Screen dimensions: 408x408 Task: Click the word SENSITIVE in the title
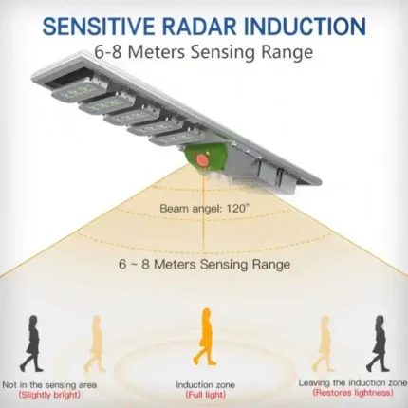tap(98, 26)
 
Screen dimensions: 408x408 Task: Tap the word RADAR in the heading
tap(199, 26)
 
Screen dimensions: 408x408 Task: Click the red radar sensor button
tap(201, 159)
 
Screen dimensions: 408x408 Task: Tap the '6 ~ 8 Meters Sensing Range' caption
tap(204, 264)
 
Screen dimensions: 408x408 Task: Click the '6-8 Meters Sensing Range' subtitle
tap(204, 52)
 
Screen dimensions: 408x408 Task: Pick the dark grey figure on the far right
tap(377, 343)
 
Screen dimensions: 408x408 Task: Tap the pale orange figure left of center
tap(94, 343)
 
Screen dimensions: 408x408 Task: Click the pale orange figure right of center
tap(323, 343)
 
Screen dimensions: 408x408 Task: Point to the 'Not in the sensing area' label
tap(49, 385)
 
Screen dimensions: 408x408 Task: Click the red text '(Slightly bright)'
tap(49, 395)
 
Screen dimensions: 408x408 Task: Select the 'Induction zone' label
tap(205, 385)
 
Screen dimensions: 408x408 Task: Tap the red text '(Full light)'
tap(205, 395)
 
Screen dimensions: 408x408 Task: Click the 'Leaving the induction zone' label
tap(353, 383)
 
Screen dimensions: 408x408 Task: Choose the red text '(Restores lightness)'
tap(353, 393)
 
